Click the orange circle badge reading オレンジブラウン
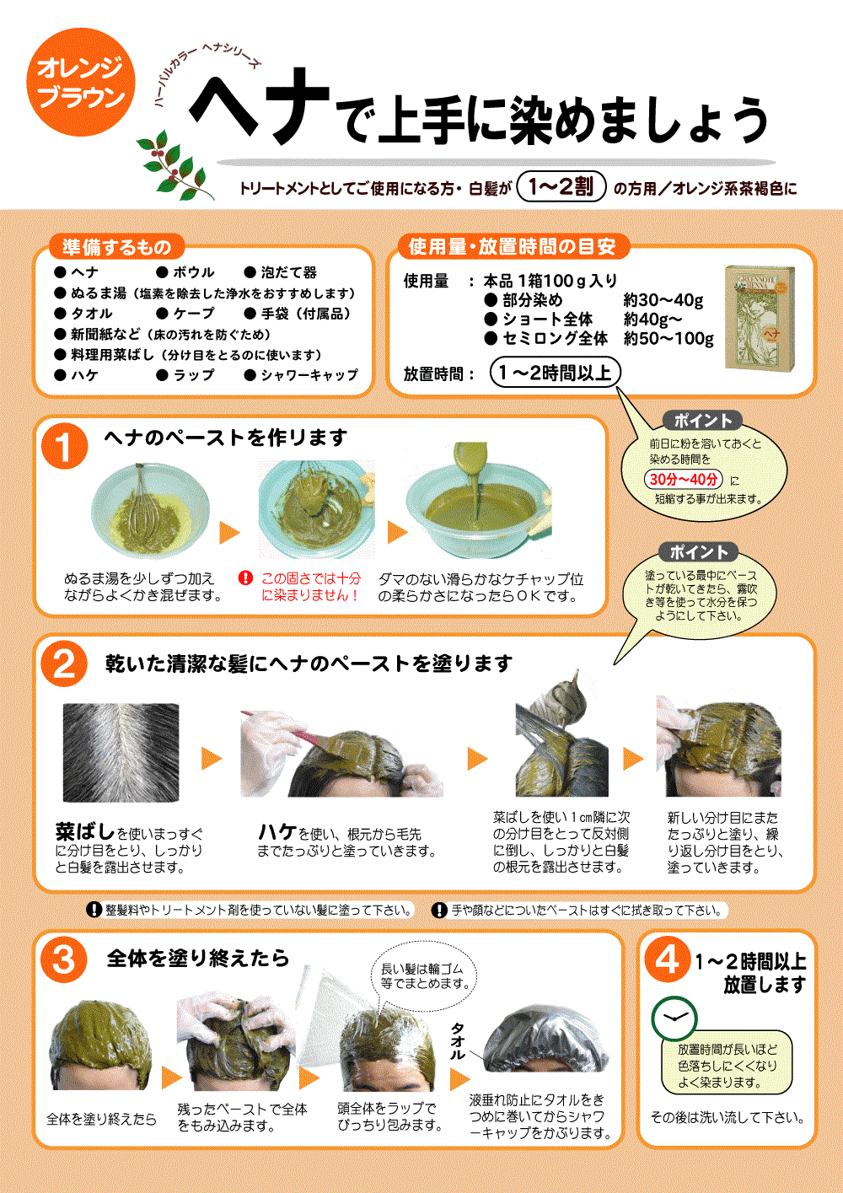[81, 83]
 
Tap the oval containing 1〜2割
[561, 185]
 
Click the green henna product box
[760, 317]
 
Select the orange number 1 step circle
[64, 446]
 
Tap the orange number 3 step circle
[64, 959]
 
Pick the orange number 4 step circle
[668, 959]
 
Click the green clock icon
[674, 1018]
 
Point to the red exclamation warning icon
[245, 578]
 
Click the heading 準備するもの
[116, 247]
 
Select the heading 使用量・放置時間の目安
[512, 246]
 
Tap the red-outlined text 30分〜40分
[684, 479]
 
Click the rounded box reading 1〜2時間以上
[555, 373]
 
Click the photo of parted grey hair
[121, 752]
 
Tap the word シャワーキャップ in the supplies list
[309, 375]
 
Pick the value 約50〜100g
[668, 338]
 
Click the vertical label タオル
[458, 1041]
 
